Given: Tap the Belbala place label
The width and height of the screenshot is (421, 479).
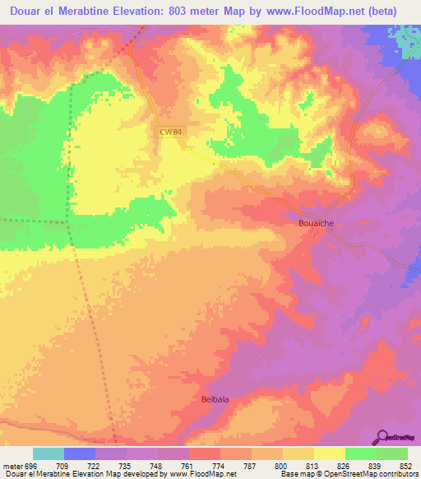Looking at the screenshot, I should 216,399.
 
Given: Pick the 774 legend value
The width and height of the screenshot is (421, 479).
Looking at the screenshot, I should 220,466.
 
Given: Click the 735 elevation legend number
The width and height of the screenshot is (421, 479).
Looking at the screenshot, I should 127,466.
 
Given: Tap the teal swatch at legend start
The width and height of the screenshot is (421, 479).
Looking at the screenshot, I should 49,453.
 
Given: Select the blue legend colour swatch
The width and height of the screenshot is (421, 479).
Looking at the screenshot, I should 80,453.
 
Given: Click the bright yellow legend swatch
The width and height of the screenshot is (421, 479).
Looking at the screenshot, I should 329,453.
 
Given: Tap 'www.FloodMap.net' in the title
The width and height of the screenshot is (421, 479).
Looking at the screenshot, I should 320,12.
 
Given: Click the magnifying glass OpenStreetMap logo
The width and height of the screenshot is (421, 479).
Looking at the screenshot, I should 383,437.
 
